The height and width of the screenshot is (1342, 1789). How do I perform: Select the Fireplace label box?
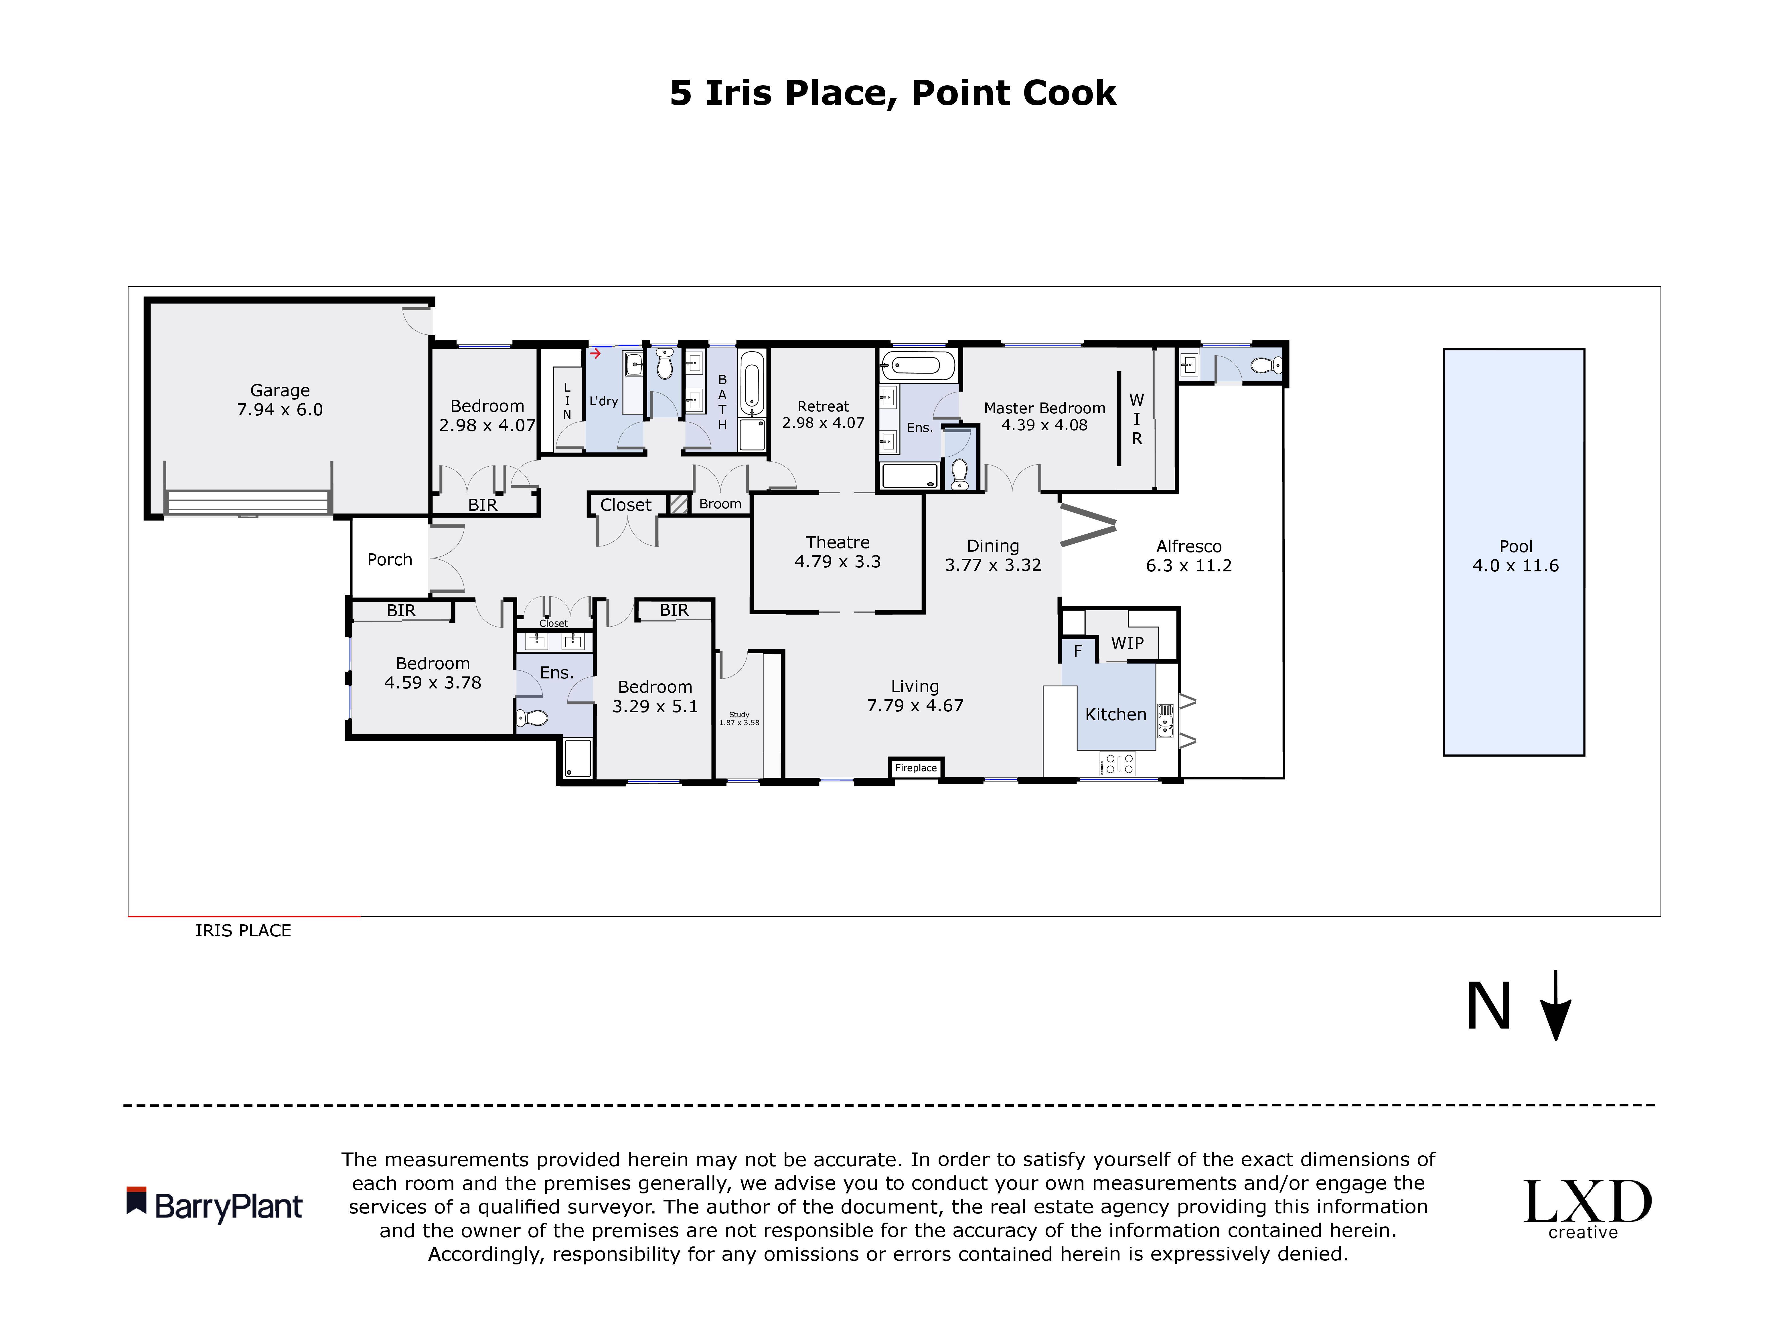(x=915, y=768)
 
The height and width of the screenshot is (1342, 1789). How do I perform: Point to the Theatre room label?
(x=837, y=542)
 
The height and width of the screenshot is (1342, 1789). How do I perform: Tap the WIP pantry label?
(x=1127, y=643)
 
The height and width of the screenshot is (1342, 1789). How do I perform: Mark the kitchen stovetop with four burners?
(x=1117, y=763)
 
